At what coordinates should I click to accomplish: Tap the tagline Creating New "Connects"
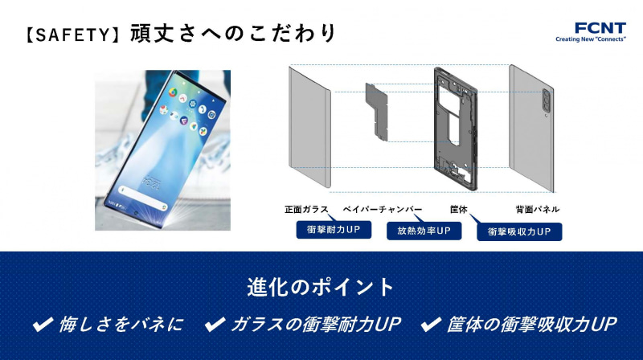coord(590,38)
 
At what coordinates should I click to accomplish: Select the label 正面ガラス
coord(306,210)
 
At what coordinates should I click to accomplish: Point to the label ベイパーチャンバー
coord(383,210)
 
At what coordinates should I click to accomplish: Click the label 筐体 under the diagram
coord(459,210)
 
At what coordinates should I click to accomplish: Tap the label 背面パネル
coord(538,210)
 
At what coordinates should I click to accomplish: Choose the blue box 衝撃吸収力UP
coord(519,232)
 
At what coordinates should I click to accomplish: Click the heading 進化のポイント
coord(321,288)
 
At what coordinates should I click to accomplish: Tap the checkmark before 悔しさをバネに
coord(42,325)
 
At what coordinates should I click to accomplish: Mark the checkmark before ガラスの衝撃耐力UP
coord(214,325)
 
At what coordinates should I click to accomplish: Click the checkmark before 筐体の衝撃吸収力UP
coord(432,325)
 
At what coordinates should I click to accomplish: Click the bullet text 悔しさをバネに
coord(121,325)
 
